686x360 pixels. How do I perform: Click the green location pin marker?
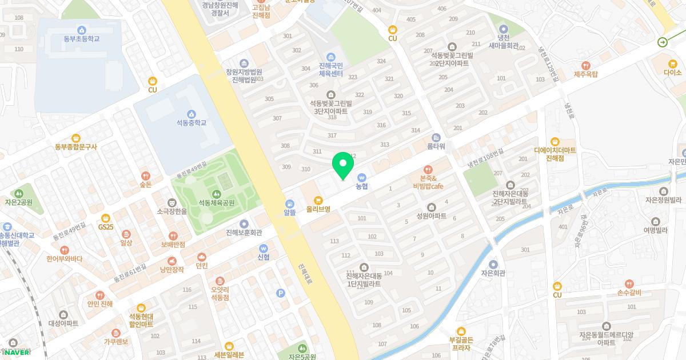(343, 165)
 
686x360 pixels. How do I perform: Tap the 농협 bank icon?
(361, 177)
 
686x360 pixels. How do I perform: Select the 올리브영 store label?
(318, 209)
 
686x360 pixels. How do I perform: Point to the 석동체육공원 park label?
(217, 203)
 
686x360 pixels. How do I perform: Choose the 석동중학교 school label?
(191, 123)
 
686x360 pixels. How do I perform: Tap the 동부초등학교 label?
(82, 39)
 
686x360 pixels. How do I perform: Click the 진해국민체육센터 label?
(330, 70)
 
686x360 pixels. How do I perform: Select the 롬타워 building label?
(436, 146)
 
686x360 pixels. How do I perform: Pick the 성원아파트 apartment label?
(431, 216)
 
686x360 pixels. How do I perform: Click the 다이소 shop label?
(673, 73)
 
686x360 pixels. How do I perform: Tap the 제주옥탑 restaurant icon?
(585, 66)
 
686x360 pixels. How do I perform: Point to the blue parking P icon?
(280, 293)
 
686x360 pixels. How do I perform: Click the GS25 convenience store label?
(105, 227)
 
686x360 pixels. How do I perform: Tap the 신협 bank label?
(263, 257)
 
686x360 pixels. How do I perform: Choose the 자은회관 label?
(493, 273)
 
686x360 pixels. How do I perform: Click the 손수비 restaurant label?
(629, 293)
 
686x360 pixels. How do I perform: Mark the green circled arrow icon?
(663, 42)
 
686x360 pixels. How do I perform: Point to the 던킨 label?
(202, 266)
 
